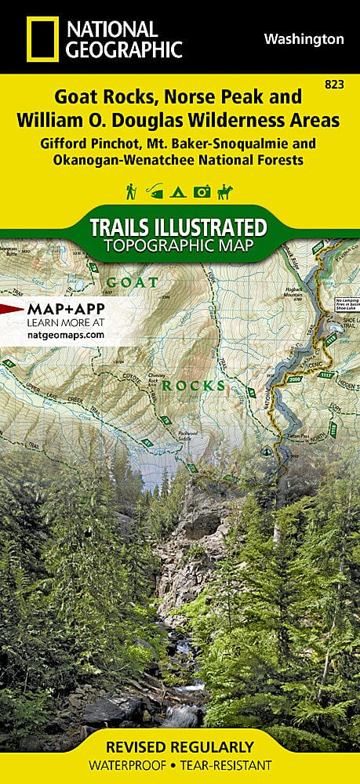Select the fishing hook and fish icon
155,191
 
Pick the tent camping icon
179,191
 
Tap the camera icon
203,191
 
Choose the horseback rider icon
228,191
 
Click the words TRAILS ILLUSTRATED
179,227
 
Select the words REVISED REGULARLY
180,746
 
